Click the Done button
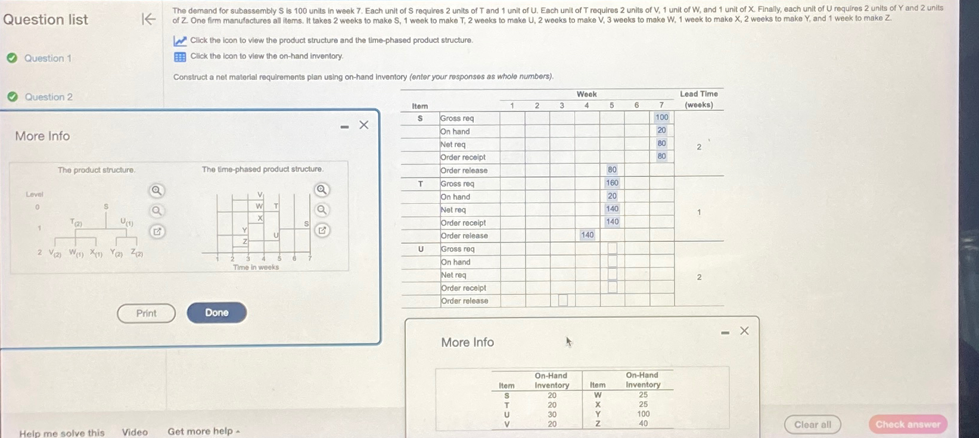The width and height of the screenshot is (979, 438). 217,313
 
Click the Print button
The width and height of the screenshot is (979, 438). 146,313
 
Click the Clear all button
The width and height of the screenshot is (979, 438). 812,424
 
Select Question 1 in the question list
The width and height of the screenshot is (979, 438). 48,58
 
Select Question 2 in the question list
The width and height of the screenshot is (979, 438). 48,97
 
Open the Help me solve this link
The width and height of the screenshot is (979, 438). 61,433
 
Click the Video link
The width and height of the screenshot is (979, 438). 135,432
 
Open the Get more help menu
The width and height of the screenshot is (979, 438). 203,431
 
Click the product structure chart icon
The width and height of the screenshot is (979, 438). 180,41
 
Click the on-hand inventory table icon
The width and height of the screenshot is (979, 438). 180,57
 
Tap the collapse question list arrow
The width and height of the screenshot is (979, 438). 148,19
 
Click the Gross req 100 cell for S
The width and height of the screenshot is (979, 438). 661,117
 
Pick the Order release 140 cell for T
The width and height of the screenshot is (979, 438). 587,235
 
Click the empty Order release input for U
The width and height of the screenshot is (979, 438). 562,300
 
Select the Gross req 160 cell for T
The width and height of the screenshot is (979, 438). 612,183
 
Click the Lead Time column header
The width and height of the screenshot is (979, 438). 699,99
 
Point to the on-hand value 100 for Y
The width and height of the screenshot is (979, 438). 644,414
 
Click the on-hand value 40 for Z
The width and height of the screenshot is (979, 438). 644,424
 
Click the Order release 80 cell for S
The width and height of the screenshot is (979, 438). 612,170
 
